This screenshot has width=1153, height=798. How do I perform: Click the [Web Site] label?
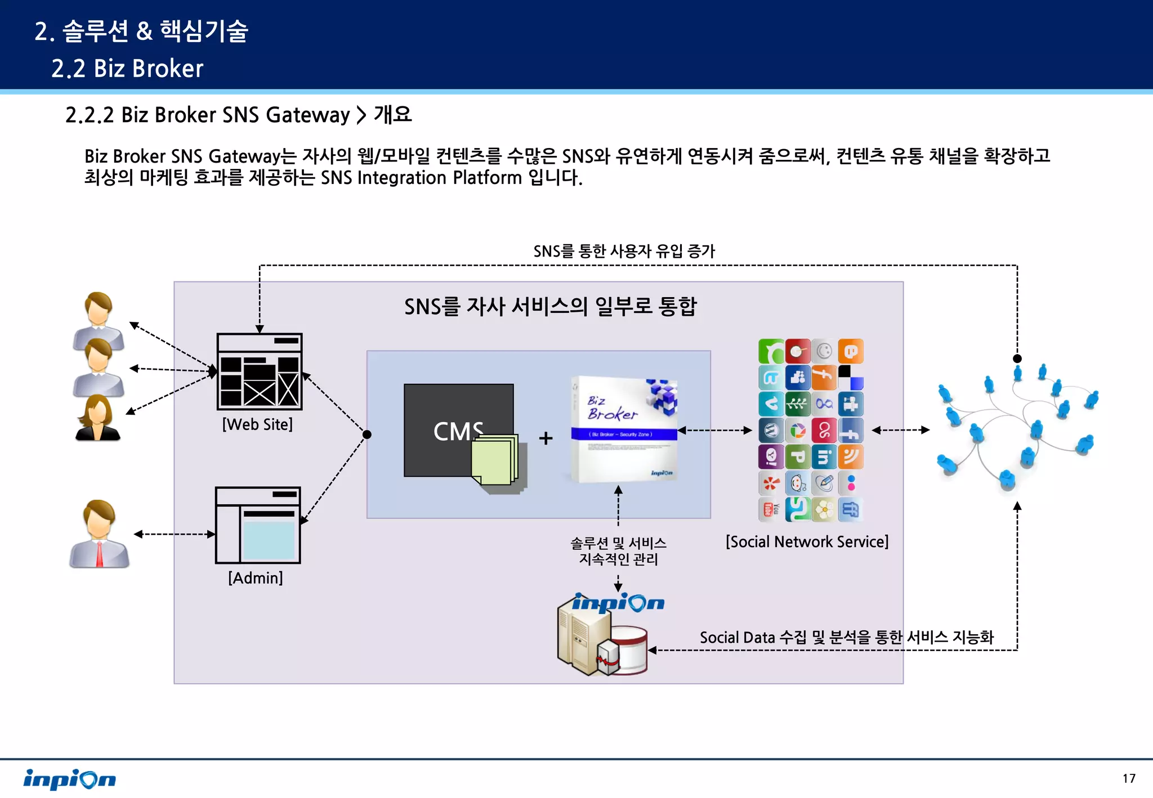pos(257,424)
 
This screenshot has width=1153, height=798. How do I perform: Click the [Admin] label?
pos(256,578)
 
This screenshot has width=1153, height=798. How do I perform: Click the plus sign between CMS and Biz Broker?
pos(546,438)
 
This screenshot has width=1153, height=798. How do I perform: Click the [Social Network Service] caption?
pos(807,541)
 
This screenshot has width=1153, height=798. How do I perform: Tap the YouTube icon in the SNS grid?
pos(770,509)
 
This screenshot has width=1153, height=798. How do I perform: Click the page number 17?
pos(1128,778)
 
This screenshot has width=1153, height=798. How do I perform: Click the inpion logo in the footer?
pos(69,779)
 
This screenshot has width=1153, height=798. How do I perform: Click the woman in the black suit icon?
pos(97,418)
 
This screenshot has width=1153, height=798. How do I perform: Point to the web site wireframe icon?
pos(260,371)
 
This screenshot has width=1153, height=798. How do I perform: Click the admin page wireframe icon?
pos(258,525)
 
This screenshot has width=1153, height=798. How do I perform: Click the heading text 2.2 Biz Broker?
pos(127,69)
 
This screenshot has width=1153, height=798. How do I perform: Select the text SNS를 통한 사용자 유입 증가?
pos(624,251)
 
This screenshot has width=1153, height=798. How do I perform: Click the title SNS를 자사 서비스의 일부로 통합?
pos(550,307)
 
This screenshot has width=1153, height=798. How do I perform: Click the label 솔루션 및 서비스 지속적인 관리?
pos(618,551)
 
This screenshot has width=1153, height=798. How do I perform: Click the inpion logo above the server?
pos(618,603)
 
